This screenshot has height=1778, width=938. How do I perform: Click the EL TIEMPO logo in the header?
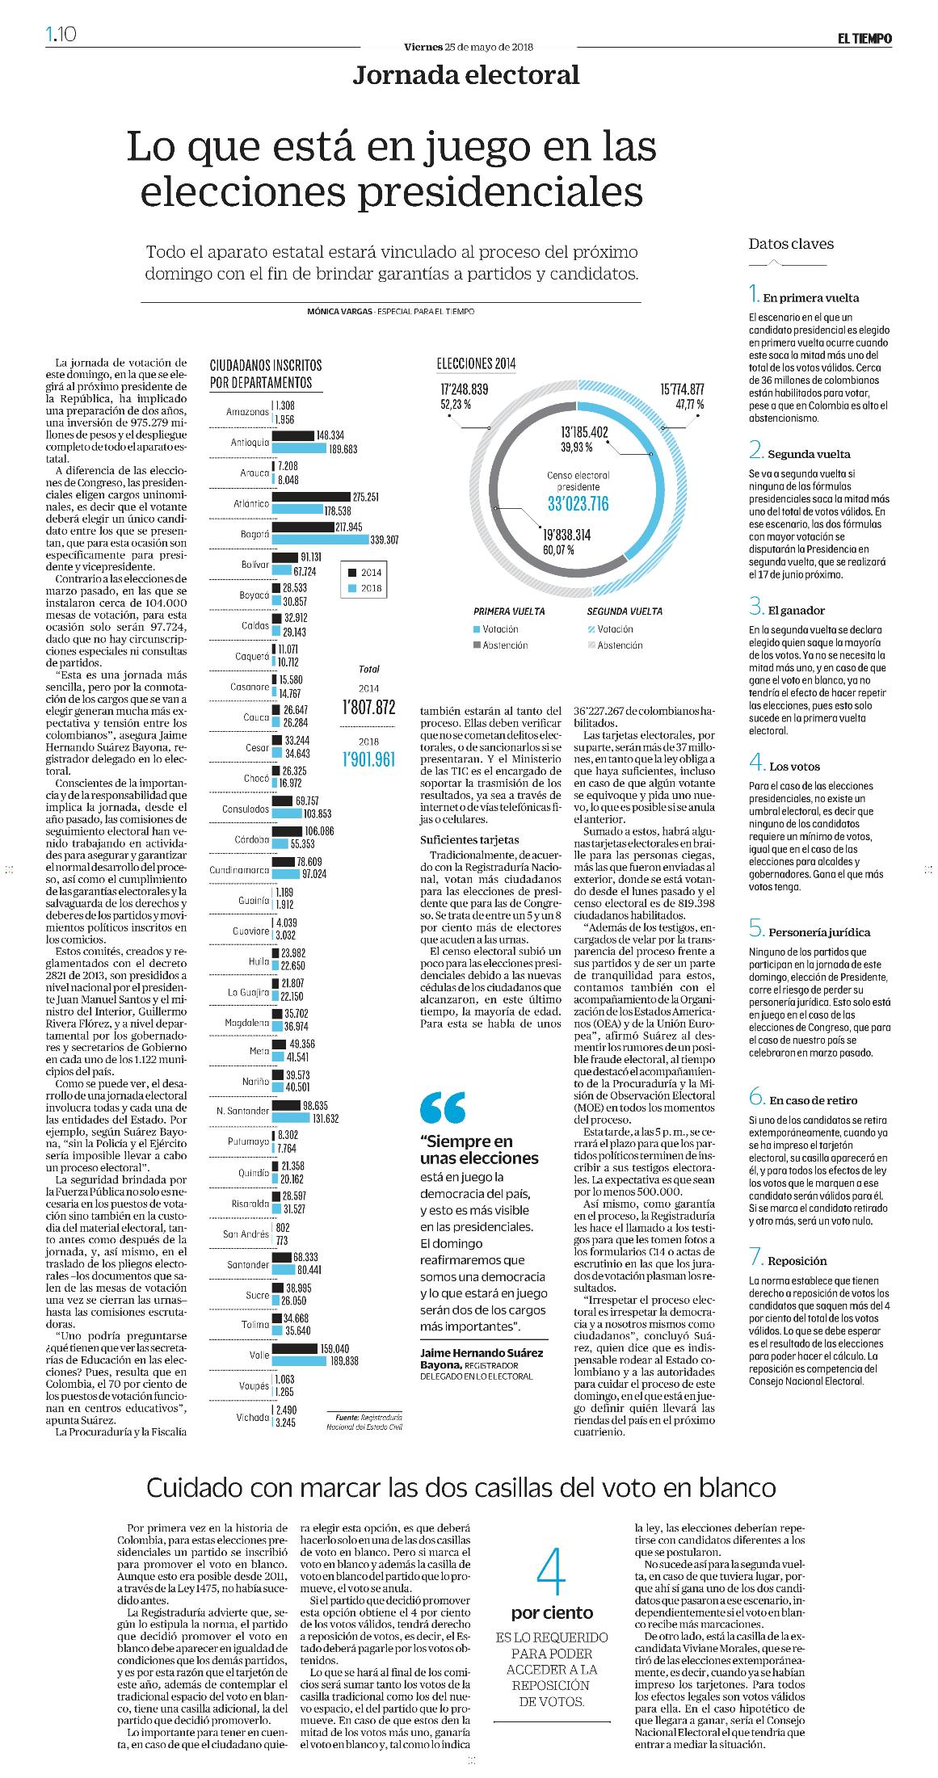point(864,38)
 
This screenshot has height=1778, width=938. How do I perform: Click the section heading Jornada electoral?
point(466,75)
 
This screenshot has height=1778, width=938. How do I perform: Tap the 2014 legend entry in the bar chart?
point(363,571)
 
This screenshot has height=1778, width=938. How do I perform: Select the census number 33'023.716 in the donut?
point(578,505)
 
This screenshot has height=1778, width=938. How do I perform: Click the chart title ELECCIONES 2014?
point(476,364)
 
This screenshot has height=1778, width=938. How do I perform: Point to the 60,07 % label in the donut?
point(557,549)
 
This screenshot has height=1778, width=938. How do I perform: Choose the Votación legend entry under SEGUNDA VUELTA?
point(610,628)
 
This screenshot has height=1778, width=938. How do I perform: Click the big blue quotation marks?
point(443,1108)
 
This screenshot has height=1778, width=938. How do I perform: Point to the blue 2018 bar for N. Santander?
point(292,1119)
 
